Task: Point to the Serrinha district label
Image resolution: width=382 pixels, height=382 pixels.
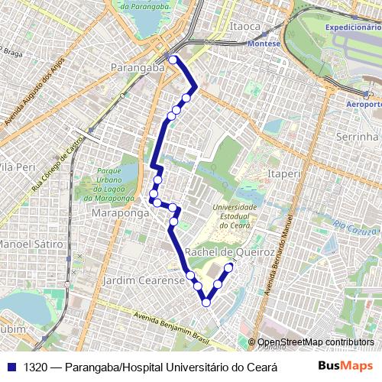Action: (357, 136)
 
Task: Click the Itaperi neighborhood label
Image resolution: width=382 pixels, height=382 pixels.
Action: (283, 174)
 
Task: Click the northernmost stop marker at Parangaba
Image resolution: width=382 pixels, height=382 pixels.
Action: (173, 60)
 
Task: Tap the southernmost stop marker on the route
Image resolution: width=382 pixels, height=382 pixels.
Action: (206, 303)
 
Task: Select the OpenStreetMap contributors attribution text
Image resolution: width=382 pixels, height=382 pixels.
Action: (316, 342)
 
